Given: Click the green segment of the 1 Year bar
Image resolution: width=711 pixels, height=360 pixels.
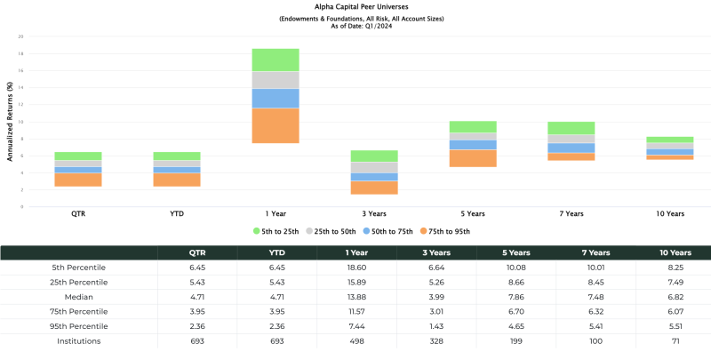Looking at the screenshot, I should click(275, 60).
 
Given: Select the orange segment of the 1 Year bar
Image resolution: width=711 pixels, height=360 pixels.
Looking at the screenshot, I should click(275, 125).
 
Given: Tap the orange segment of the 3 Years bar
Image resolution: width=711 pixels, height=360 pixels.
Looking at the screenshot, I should click(374, 188).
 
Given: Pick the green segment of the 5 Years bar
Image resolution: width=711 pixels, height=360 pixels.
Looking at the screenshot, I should click(473, 126).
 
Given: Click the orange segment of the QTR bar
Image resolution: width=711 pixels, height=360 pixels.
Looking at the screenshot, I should click(78, 180).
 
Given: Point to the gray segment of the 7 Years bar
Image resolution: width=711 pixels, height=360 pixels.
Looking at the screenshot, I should click(571, 139).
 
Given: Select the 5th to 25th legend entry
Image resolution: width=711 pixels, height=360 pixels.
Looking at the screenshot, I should click(277, 231).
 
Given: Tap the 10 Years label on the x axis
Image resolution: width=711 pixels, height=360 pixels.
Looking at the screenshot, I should click(669, 213).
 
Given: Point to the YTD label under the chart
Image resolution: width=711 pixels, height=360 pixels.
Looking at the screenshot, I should click(177, 213).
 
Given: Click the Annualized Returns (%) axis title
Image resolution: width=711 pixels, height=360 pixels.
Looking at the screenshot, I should click(10, 122).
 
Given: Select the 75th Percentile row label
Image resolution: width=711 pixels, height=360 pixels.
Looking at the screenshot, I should click(79, 311).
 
